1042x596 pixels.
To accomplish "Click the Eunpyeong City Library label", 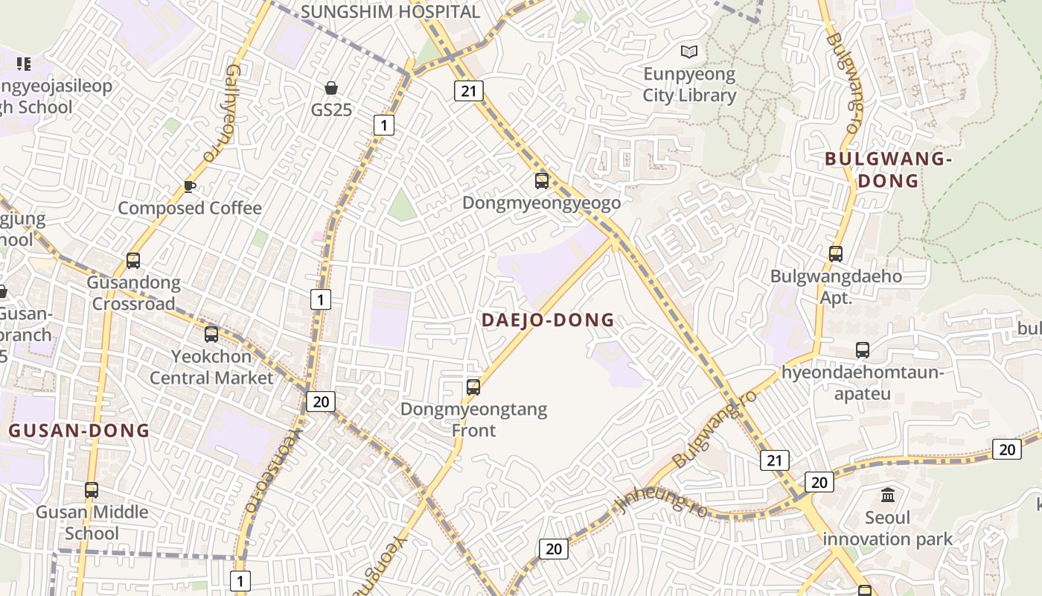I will coord(688,85).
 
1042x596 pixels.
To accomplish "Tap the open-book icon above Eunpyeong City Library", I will coord(690,51).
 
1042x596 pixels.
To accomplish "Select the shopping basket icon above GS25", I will coord(331,88).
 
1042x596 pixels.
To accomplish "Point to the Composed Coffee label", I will coord(190,208).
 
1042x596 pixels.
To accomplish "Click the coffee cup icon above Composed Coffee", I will coord(190,186).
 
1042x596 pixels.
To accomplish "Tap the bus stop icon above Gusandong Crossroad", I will coord(133,261).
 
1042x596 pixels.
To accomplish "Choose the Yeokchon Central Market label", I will coord(211,367).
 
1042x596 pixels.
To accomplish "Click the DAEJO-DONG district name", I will coord(548,320).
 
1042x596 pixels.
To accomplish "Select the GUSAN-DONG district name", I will coord(79,431).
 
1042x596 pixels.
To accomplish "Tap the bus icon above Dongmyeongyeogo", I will coord(542,180).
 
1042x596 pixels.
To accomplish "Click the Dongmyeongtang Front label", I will coord(473,419).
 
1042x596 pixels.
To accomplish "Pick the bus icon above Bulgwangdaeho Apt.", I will coord(836,254).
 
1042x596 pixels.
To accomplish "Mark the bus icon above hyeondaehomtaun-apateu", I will coord(863,350).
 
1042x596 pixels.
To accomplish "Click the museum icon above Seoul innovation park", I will coord(888,495).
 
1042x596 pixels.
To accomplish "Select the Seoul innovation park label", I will coord(887,528).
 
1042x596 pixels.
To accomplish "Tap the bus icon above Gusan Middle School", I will coord(92,490).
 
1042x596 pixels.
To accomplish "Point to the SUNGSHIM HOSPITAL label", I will coord(390,12).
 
